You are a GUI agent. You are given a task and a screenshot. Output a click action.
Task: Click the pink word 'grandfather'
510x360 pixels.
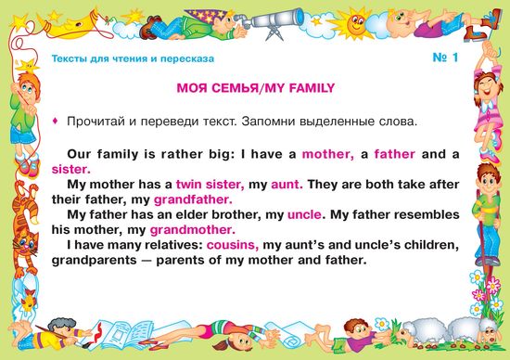tap(193, 199)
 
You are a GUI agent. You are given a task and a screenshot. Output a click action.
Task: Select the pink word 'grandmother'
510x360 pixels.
tap(192, 230)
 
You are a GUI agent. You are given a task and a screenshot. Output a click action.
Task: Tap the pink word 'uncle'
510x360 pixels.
tap(304, 215)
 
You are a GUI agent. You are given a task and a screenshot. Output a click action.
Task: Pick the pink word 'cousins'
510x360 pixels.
tap(233, 245)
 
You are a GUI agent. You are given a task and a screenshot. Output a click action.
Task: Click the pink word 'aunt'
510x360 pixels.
tap(287, 185)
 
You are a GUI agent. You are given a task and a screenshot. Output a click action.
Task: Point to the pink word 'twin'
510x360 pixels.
tap(189, 185)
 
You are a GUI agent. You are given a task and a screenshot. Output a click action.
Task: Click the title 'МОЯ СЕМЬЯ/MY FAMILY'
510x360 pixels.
tap(255, 88)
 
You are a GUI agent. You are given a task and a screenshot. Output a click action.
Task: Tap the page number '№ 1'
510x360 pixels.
tap(445, 58)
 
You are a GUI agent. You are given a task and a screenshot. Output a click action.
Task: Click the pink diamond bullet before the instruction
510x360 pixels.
tap(56, 122)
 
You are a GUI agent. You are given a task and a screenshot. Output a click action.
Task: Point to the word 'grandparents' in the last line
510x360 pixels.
tap(95, 261)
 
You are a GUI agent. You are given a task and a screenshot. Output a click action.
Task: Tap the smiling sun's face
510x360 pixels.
tap(355, 23)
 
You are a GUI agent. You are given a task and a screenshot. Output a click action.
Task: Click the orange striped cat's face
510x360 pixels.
tap(23, 243)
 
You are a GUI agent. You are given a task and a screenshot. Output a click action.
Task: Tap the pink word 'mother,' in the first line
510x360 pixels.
tap(328, 154)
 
